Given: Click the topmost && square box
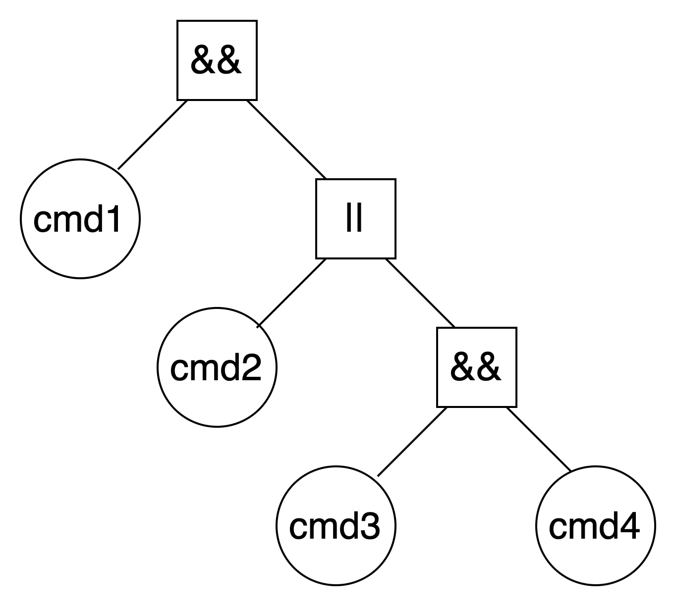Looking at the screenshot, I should (x=217, y=60).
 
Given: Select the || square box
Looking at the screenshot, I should (x=355, y=219).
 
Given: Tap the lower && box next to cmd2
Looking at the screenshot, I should (x=476, y=367).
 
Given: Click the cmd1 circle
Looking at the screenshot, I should (x=80, y=219).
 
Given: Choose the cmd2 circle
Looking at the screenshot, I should (x=217, y=367).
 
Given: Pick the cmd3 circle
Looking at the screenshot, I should (x=336, y=526).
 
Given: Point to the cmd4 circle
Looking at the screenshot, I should (x=595, y=526).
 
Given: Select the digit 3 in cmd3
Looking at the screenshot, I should (x=370, y=526).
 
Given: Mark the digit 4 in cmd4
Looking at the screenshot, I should (x=629, y=526).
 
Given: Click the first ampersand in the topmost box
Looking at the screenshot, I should (x=203, y=61).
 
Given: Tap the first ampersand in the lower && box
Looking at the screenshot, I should (x=463, y=368).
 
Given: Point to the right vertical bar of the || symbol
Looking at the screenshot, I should (x=360, y=219).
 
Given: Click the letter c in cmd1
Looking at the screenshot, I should (x=42, y=220).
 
